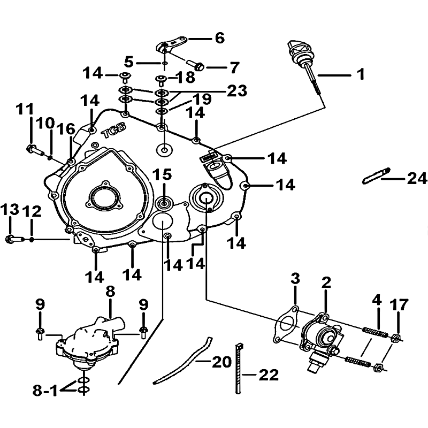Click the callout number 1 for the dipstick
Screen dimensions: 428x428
361,74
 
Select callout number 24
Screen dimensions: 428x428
417,179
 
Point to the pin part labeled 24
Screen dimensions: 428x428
376,176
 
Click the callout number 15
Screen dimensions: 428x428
162,174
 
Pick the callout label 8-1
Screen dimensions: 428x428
45,391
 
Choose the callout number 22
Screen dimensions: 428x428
269,375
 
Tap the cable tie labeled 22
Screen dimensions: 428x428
239,368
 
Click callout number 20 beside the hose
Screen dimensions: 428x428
222,362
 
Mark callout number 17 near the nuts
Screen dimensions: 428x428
399,305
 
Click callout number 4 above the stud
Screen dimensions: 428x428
377,300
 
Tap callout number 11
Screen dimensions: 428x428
25,109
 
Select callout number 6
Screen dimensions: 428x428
220,38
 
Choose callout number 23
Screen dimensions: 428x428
237,90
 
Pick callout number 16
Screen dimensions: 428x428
65,129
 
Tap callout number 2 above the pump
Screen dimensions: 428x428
326,283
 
